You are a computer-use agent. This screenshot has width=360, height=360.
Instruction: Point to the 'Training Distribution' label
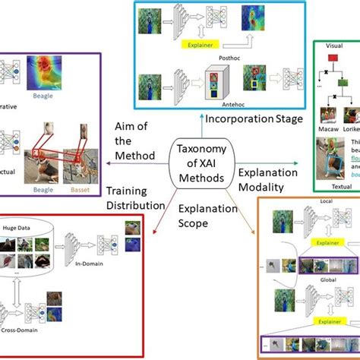[135, 218]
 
